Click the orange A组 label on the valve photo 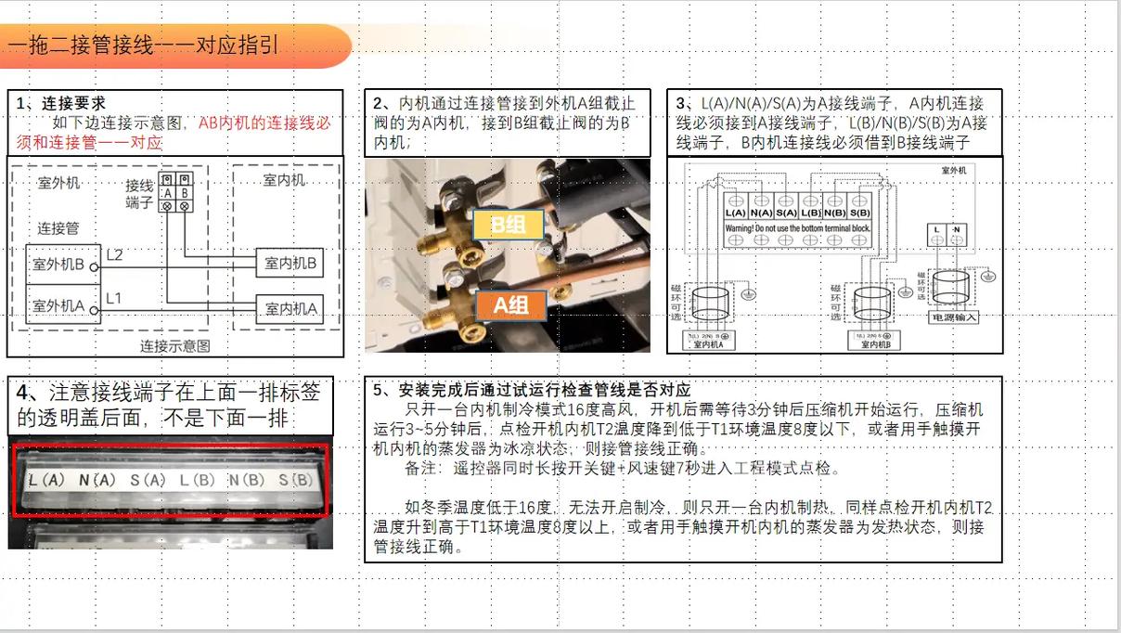(x=511, y=305)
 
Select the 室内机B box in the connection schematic (x=290, y=264)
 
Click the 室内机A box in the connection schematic (x=290, y=309)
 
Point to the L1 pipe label (x=113, y=298)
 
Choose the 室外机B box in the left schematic (x=58, y=265)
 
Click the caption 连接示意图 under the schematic (x=175, y=346)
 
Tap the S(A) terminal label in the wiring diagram (x=786, y=213)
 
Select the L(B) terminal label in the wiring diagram (x=811, y=213)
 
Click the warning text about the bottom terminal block (x=797, y=227)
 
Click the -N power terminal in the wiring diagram (x=956, y=229)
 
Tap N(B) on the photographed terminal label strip (x=249, y=481)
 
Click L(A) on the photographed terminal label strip (x=46, y=481)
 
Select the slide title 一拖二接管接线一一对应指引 (x=144, y=45)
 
